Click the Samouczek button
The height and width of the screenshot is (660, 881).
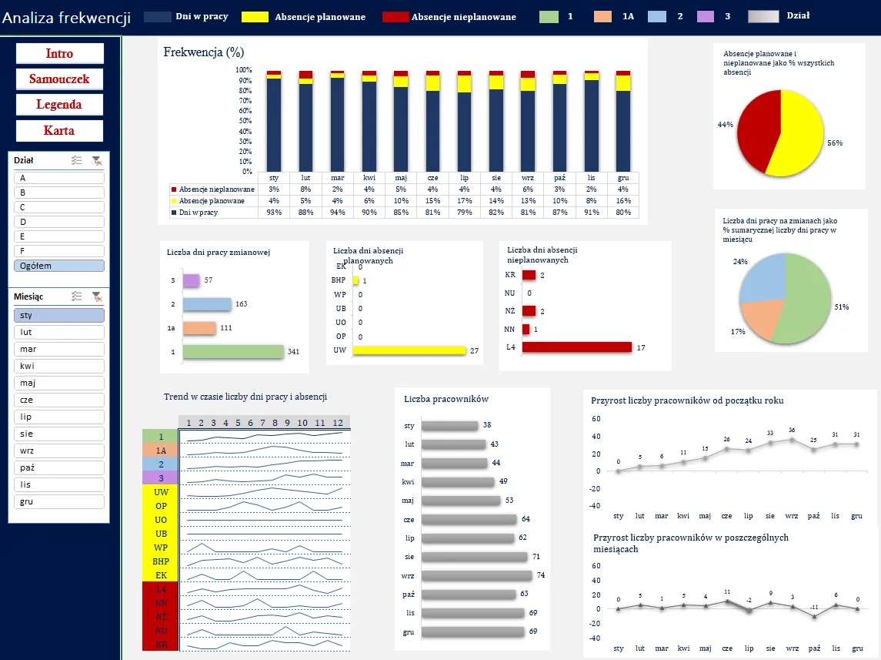coord(59,79)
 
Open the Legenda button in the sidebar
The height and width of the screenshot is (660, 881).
coord(59,105)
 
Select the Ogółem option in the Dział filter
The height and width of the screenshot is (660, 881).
coord(59,266)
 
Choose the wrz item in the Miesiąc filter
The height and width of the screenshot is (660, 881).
coord(59,451)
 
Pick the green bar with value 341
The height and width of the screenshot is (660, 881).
coord(234,351)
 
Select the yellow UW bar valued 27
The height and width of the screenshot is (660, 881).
coord(409,351)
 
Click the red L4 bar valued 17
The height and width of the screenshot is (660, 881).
coord(576,347)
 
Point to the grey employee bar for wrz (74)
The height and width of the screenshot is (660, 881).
coord(477,575)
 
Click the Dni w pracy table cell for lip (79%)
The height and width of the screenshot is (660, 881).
coord(465,213)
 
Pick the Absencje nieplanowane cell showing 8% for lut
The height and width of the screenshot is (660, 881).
coord(305,189)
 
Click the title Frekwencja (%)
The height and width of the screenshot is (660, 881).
coord(204,52)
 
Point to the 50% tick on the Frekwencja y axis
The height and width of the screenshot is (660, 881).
coord(245,121)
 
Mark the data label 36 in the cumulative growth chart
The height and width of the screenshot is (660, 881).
coord(792,430)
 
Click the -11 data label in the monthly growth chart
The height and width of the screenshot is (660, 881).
coord(814,608)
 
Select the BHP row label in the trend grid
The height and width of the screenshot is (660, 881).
coord(160,561)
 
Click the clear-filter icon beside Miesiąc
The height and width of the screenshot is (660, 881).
coord(96,296)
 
